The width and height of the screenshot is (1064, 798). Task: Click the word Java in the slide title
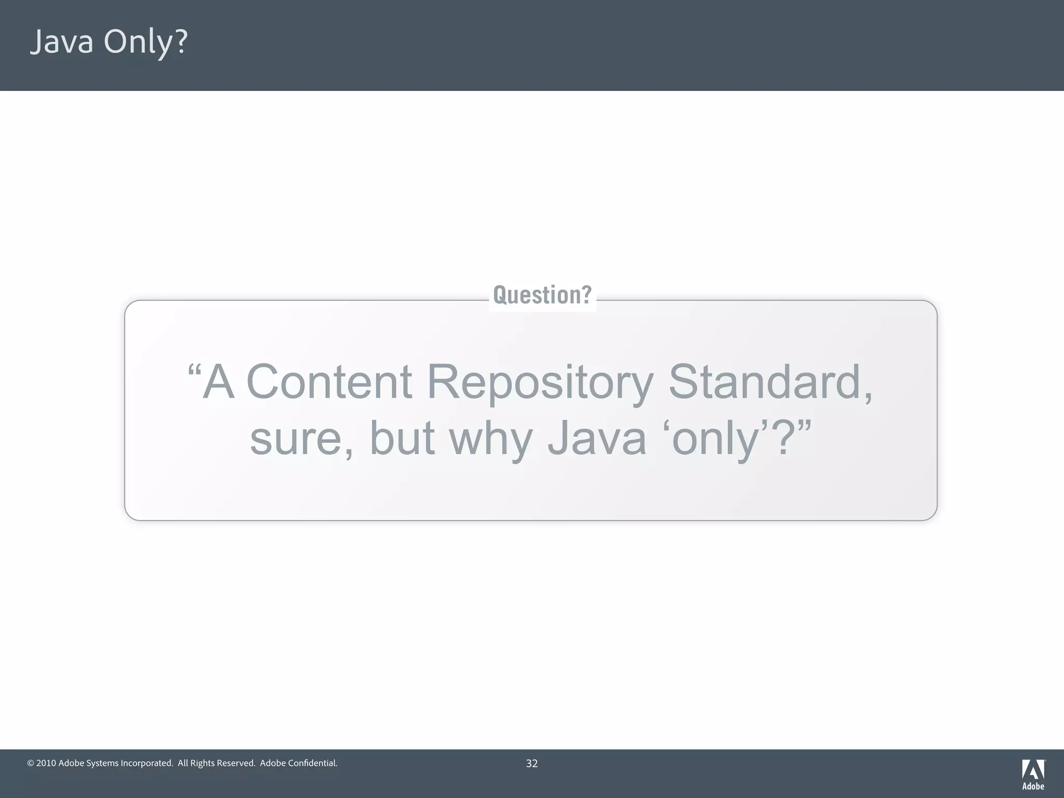coord(61,42)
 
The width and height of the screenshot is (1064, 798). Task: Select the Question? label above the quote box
coord(542,295)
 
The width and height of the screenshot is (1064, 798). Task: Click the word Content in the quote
coord(329,382)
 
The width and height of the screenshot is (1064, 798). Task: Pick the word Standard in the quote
coord(765,382)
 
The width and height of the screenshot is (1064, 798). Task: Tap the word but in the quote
coord(402,438)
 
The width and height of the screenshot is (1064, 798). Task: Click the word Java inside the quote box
coord(597,438)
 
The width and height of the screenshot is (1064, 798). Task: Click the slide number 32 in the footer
coord(531,763)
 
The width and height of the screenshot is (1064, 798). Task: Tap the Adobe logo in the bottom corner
coord(1033,774)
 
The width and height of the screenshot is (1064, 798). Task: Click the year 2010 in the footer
coord(46,763)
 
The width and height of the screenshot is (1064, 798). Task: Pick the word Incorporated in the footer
coord(146,764)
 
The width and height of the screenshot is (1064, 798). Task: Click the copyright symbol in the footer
coord(31,763)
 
